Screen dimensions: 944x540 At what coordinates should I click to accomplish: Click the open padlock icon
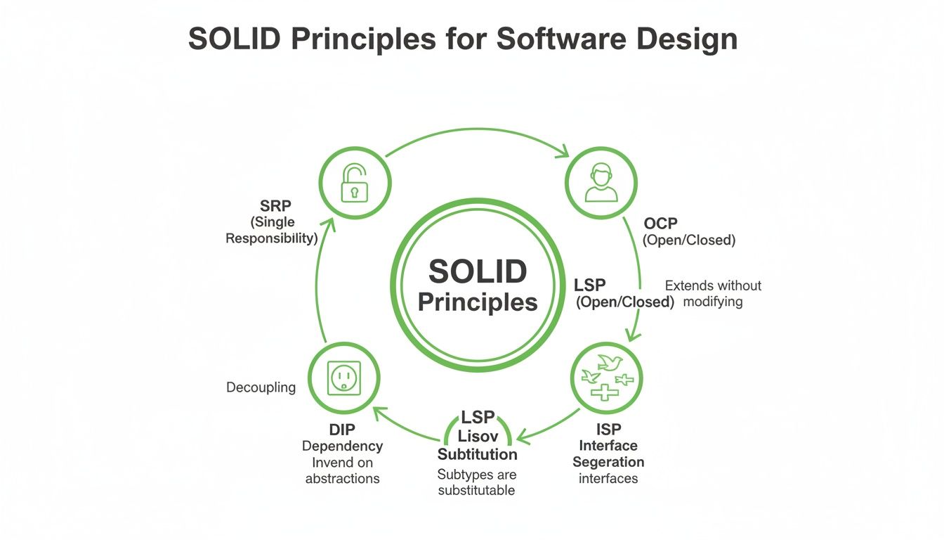click(x=354, y=183)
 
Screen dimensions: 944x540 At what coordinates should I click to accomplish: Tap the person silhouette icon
click(x=601, y=182)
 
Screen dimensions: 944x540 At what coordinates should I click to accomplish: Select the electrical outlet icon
click(x=344, y=378)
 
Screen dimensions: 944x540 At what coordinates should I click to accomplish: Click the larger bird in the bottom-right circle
click(x=610, y=362)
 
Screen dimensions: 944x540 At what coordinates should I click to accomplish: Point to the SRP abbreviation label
click(x=275, y=206)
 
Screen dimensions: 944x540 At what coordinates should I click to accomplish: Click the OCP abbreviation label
click(x=660, y=223)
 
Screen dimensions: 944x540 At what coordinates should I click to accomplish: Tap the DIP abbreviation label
click(x=342, y=430)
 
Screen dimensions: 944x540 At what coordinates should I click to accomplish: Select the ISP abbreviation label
click(x=608, y=429)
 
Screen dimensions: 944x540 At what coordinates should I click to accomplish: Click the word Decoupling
click(x=261, y=387)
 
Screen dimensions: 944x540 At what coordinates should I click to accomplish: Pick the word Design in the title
click(x=687, y=39)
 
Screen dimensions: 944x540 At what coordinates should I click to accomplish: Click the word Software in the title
click(x=562, y=39)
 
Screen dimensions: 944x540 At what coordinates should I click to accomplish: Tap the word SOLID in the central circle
click(x=478, y=271)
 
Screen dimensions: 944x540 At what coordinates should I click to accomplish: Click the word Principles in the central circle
click(x=478, y=302)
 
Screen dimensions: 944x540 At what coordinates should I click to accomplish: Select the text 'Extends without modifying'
click(x=713, y=294)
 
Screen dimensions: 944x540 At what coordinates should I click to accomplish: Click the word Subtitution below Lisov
click(x=477, y=454)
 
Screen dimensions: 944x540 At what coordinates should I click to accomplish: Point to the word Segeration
click(x=608, y=462)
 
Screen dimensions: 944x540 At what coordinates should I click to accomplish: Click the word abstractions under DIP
click(x=342, y=478)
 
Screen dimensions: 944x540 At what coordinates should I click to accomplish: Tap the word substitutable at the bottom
click(x=476, y=490)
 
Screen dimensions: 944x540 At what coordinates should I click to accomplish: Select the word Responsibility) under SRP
click(x=271, y=238)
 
